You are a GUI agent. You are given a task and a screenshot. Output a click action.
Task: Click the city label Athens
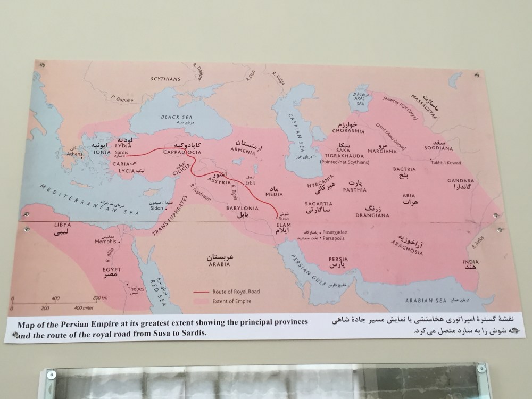(x=74, y=155)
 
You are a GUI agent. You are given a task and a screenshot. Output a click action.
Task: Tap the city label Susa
(x=277, y=217)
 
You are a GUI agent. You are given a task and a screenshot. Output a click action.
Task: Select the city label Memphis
(x=120, y=240)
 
